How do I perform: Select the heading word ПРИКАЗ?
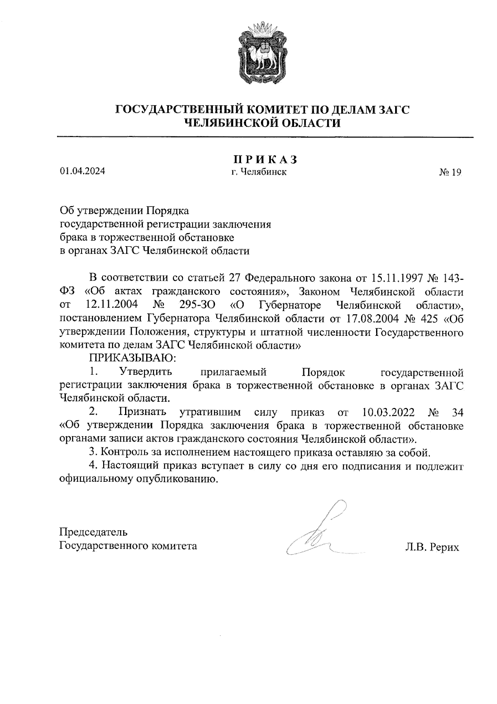click(265, 160)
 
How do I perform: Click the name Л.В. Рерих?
click(432, 547)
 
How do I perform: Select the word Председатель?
click(94, 532)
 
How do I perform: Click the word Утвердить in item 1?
click(142, 371)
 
